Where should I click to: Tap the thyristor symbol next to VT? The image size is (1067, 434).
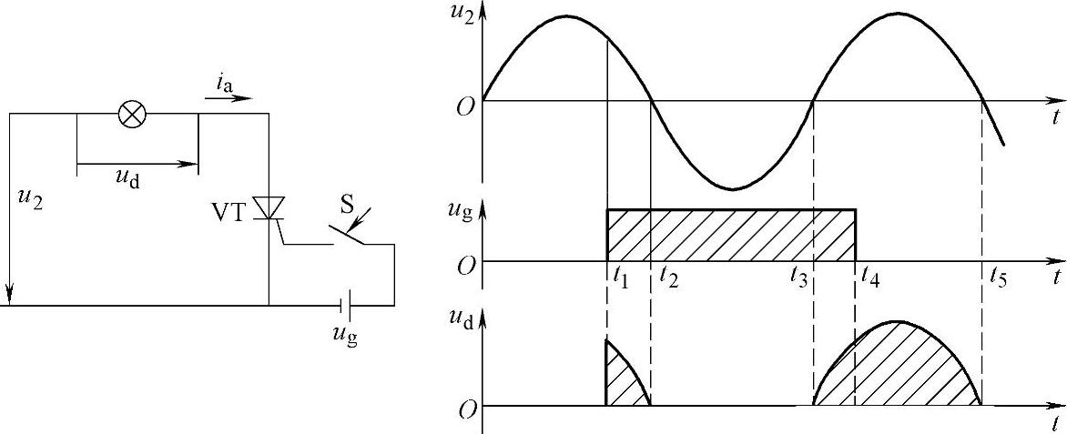(x=269, y=208)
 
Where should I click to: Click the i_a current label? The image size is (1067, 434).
(x=225, y=84)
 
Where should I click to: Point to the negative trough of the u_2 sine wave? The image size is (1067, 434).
(x=732, y=187)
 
